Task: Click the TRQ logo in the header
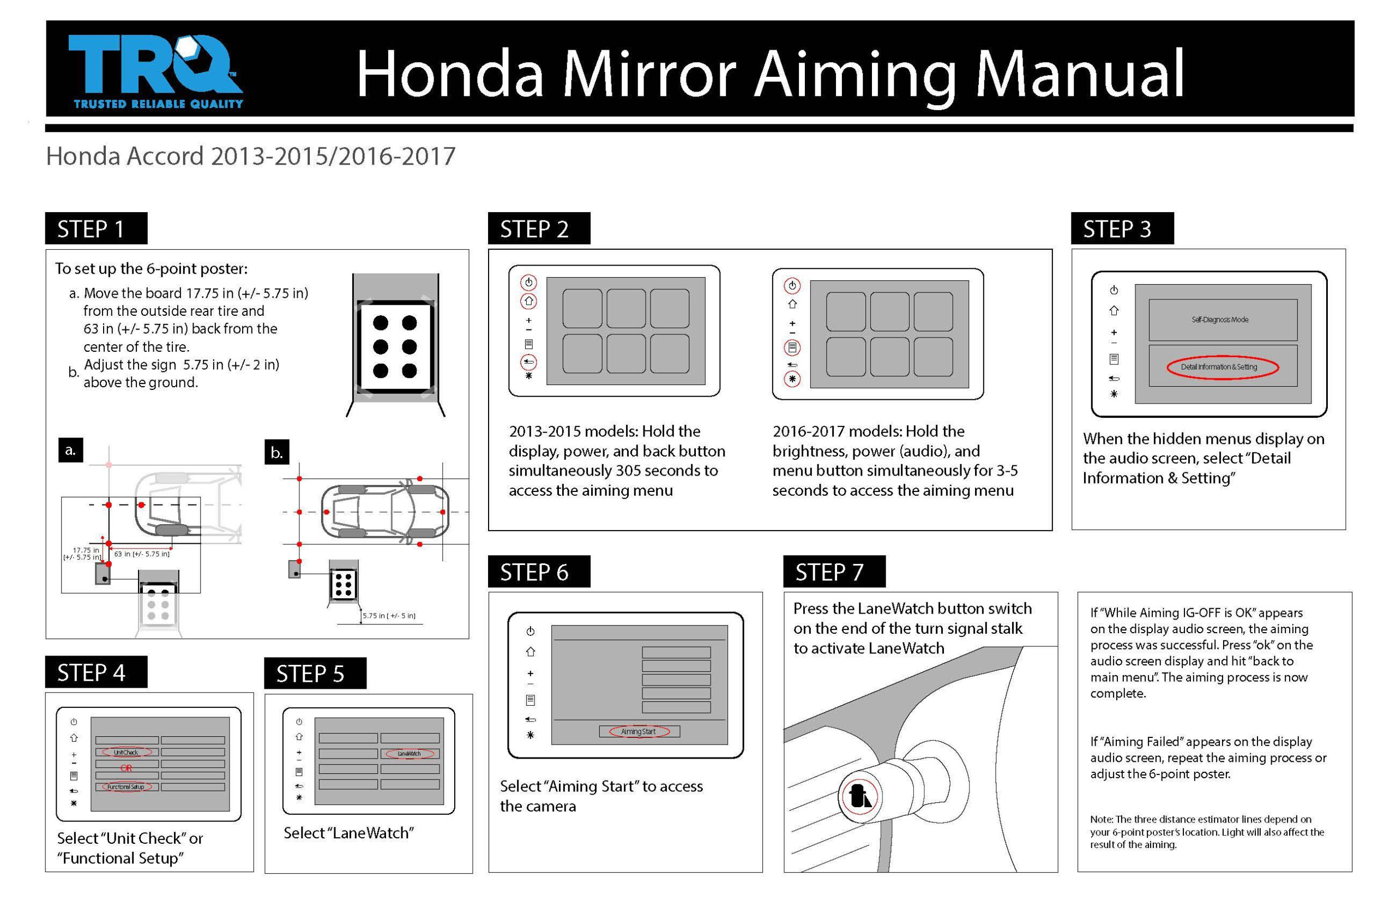point(155,70)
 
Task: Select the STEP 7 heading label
point(833,572)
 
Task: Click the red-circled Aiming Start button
point(639,732)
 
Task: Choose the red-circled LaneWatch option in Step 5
point(409,754)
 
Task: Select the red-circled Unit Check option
point(126,752)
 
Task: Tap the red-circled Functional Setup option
point(126,787)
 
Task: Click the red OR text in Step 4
point(126,768)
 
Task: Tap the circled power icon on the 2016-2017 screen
point(792,286)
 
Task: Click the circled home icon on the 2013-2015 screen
point(528,302)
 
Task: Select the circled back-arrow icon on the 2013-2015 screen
point(528,362)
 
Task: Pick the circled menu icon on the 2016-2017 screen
point(792,347)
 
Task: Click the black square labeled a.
point(70,450)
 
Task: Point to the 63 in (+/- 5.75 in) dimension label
point(142,554)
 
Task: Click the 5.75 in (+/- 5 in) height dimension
point(389,616)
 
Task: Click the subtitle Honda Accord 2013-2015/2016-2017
point(250,157)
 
